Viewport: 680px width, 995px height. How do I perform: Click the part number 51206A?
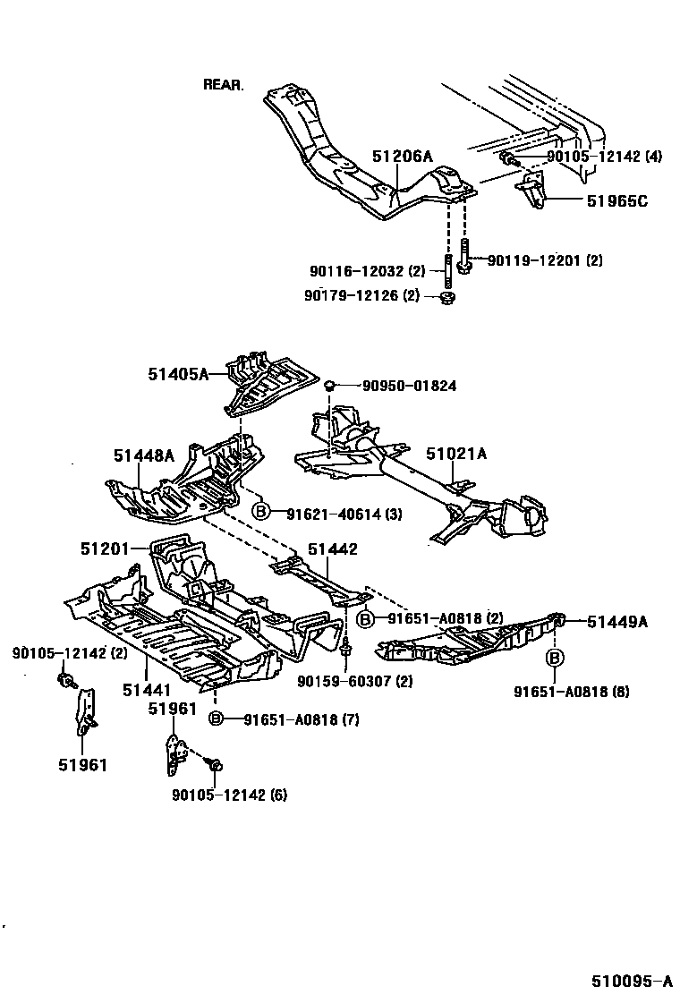(x=402, y=157)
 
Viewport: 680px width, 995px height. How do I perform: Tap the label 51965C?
(x=616, y=201)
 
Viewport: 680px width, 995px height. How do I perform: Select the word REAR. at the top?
(x=223, y=85)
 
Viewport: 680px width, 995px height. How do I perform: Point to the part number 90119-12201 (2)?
(x=544, y=260)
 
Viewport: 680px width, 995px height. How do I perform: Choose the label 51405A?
(x=178, y=375)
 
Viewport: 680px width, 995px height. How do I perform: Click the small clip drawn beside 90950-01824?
(x=329, y=385)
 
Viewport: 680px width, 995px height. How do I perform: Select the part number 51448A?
(x=143, y=455)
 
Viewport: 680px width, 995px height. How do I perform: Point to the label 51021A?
(x=456, y=455)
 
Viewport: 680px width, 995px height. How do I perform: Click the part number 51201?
(x=105, y=548)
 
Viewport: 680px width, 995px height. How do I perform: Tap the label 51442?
(x=333, y=549)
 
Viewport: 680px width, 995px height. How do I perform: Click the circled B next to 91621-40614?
(x=260, y=512)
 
